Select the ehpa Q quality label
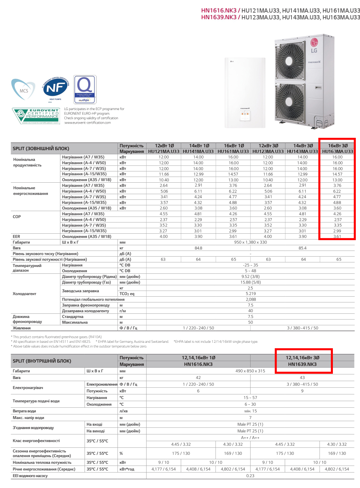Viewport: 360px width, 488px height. [x=85, y=89]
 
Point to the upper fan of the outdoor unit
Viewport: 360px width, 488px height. [x=290, y=61]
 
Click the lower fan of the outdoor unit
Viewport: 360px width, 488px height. [x=290, y=102]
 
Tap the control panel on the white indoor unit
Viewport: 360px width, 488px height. [x=245, y=114]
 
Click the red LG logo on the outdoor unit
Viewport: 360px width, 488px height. [x=314, y=42]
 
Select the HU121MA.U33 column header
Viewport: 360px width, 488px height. [x=164, y=151]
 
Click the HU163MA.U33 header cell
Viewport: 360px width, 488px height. [x=337, y=151]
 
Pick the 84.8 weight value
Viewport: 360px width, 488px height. [x=198, y=248]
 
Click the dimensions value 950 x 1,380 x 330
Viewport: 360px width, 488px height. [x=250, y=242]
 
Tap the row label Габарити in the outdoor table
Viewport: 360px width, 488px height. [x=21, y=242]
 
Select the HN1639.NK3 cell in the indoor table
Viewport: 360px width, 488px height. [x=302, y=364]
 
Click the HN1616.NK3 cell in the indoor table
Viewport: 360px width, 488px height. [x=198, y=364]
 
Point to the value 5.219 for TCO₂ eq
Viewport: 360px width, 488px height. [x=251, y=294]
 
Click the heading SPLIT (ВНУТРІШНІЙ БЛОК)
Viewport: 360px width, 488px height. [x=42, y=361]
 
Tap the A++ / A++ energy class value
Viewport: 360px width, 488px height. [x=250, y=438]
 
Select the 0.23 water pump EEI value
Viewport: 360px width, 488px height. [x=250, y=476]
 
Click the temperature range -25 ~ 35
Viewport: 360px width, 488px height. [x=251, y=265]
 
